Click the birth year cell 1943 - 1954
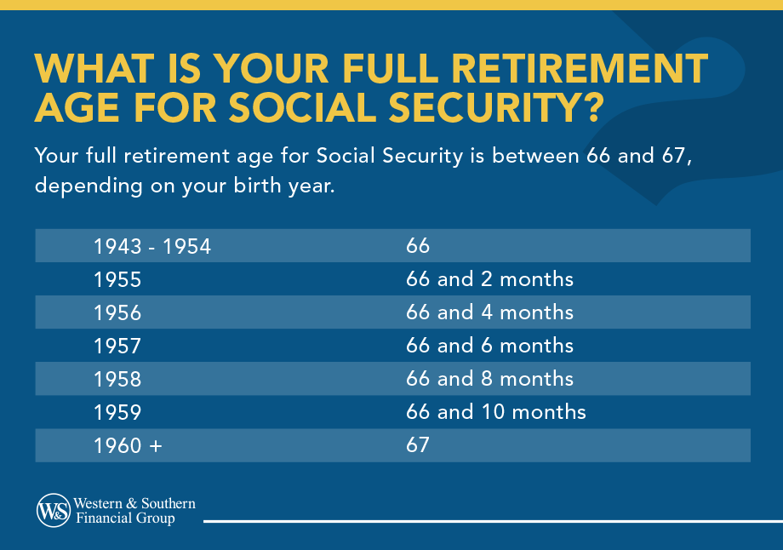pyautogui.click(x=152, y=246)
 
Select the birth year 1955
pyautogui.click(x=117, y=279)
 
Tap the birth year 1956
pyautogui.click(x=117, y=312)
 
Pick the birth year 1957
pyautogui.click(x=117, y=346)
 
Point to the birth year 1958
pyautogui.click(x=117, y=379)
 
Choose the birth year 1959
pyautogui.click(x=117, y=412)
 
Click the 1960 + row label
pyautogui.click(x=128, y=445)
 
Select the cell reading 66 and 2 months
pyautogui.click(x=489, y=279)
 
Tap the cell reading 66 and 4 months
pyautogui.click(x=489, y=312)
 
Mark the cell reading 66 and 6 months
pyautogui.click(x=489, y=346)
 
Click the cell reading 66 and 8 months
pyautogui.click(x=489, y=379)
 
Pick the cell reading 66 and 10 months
pyautogui.click(x=496, y=412)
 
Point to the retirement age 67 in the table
pyautogui.click(x=418, y=445)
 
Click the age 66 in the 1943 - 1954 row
pyautogui.click(x=418, y=246)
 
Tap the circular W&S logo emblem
pyautogui.click(x=53, y=510)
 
